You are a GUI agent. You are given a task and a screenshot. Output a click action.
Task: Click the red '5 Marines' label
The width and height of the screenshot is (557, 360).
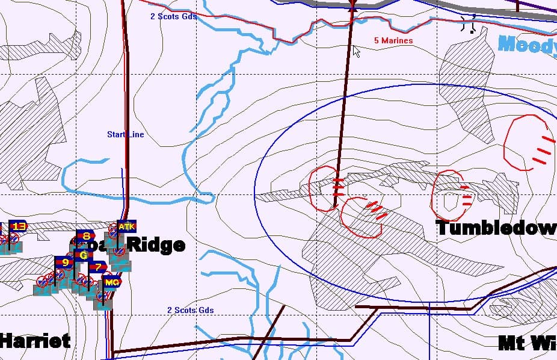(393, 40)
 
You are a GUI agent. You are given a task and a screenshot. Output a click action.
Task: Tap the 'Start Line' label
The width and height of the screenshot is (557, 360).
(125, 134)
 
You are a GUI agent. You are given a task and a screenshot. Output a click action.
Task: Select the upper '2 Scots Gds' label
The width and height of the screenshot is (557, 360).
(173, 16)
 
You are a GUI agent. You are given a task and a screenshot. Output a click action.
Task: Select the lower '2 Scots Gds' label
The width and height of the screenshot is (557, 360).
(190, 310)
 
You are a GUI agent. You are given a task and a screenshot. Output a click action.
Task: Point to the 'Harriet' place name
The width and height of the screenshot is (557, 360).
(35, 341)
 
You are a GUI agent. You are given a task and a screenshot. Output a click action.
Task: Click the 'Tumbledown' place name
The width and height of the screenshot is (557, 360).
(496, 228)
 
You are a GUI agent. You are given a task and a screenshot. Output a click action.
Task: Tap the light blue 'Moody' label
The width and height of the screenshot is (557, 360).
(527, 44)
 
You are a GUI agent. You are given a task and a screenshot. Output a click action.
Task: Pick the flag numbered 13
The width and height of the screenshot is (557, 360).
(19, 226)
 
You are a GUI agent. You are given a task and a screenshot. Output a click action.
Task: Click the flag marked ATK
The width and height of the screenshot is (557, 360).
(126, 226)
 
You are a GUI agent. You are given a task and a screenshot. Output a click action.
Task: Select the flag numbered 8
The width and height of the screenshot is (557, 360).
(86, 236)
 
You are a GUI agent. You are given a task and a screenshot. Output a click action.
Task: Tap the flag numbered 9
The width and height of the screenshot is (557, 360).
(64, 262)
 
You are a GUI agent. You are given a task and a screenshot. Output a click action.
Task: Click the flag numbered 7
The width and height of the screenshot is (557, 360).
(97, 266)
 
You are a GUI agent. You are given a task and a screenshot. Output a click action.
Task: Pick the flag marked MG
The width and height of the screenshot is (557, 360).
(111, 282)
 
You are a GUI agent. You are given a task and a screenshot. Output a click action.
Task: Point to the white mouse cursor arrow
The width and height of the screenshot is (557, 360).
(356, 51)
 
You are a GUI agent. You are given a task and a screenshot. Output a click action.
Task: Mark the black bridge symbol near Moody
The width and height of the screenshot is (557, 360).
(469, 24)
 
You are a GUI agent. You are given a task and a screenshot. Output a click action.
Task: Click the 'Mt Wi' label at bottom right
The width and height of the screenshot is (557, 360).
(527, 343)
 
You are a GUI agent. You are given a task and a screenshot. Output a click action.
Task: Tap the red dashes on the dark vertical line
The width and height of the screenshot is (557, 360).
(339, 187)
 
